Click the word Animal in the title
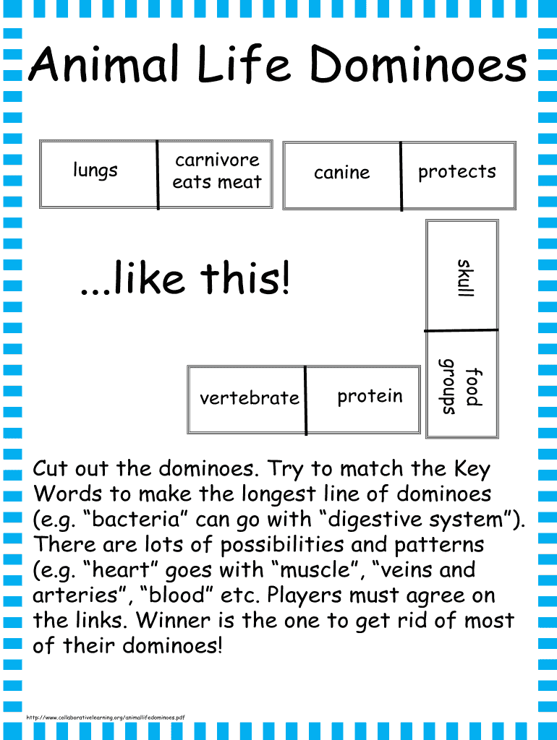click(x=105, y=64)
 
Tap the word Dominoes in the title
click(x=418, y=64)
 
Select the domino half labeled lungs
click(x=98, y=174)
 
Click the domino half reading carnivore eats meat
click(x=216, y=174)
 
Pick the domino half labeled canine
click(x=342, y=175)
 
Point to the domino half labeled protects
click(x=459, y=175)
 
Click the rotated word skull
click(x=466, y=277)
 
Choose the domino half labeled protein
click(x=363, y=399)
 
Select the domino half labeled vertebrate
click(x=247, y=399)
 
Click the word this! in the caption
click(x=245, y=277)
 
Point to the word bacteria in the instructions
click(x=136, y=519)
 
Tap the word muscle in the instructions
click(x=315, y=569)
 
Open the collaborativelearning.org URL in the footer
click(x=106, y=718)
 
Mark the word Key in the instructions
click(x=472, y=468)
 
